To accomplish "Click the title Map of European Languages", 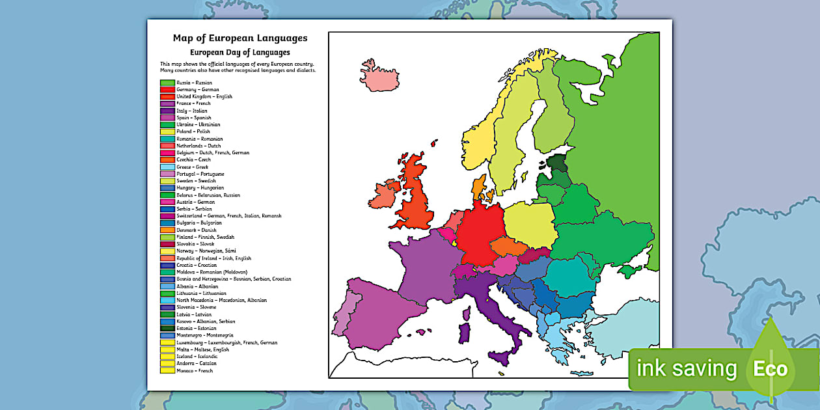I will (240, 38).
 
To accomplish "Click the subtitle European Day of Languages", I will (239, 52).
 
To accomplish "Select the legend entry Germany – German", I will (198, 90).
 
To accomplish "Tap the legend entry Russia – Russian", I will (195, 83).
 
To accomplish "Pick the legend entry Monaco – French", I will (195, 370).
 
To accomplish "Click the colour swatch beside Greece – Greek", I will (167, 167).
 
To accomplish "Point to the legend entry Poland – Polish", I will (193, 131).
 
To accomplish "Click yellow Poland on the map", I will (528, 223).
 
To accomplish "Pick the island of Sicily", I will (500, 359).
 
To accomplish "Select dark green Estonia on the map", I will (557, 162).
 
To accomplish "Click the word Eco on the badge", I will (771, 369).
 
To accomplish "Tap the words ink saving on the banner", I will (687, 369).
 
